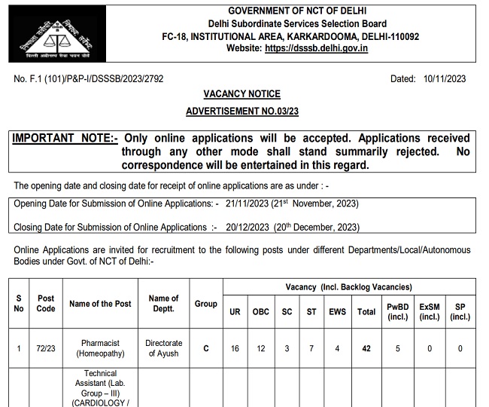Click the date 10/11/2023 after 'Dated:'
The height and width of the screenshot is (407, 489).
click(x=445, y=78)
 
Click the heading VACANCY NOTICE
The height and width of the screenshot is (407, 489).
click(x=242, y=94)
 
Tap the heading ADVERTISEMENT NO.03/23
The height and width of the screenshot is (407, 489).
click(x=242, y=112)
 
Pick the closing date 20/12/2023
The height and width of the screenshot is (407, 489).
click(x=253, y=227)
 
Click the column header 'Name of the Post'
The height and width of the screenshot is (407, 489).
click(x=100, y=304)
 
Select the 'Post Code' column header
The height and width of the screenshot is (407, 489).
click(x=46, y=304)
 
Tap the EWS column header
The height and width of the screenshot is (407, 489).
click(x=337, y=311)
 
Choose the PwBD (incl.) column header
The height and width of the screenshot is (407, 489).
click(x=399, y=311)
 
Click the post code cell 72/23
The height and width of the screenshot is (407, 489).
click(x=46, y=348)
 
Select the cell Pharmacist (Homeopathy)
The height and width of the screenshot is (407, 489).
click(x=100, y=348)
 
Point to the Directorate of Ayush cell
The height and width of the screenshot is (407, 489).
click(x=163, y=348)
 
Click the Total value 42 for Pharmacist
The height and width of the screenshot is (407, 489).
click(x=366, y=349)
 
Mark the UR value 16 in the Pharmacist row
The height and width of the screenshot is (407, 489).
click(x=235, y=349)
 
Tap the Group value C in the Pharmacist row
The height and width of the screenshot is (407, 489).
click(x=205, y=349)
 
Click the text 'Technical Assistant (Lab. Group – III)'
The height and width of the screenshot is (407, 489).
click(x=100, y=383)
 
